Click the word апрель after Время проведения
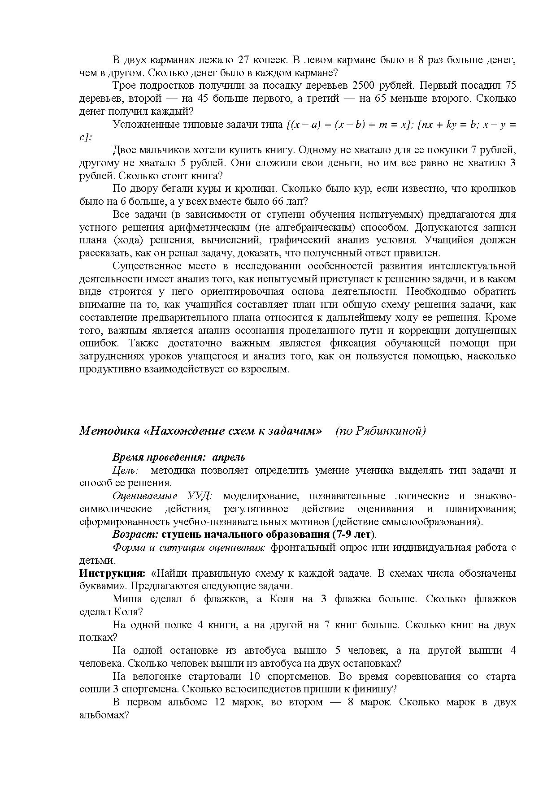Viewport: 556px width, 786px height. coord(229,458)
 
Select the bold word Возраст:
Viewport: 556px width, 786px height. coord(135,535)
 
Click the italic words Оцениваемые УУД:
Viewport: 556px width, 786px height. coord(162,496)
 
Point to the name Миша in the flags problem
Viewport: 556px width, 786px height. coord(127,600)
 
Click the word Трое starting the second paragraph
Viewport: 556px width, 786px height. coord(123,85)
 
